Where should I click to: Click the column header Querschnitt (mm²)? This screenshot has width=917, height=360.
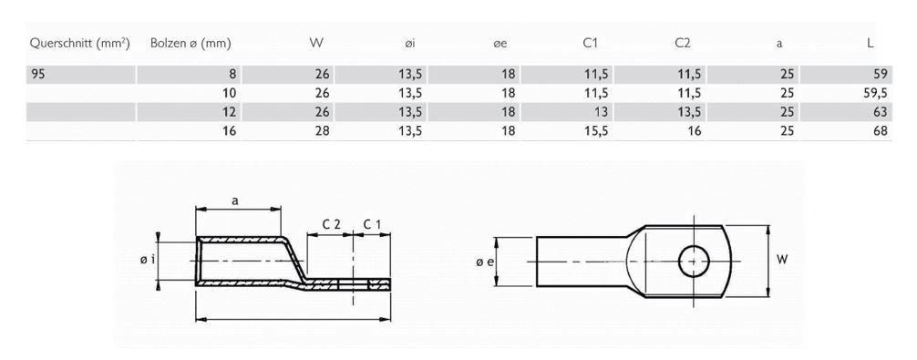coord(79,43)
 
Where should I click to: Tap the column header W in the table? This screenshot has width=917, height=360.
coord(317,42)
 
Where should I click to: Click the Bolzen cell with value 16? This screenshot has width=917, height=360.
coord(231,130)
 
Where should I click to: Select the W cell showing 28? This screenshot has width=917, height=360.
coord(322,130)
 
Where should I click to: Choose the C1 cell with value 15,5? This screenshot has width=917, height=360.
coord(595,130)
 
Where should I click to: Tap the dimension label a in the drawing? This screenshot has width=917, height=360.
coord(236,202)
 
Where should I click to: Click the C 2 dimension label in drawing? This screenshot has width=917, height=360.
coord(332,224)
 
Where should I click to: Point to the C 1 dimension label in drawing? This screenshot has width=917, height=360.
coord(373,224)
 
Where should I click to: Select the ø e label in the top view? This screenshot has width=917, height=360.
coord(484,262)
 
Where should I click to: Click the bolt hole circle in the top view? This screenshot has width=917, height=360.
coord(694,261)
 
